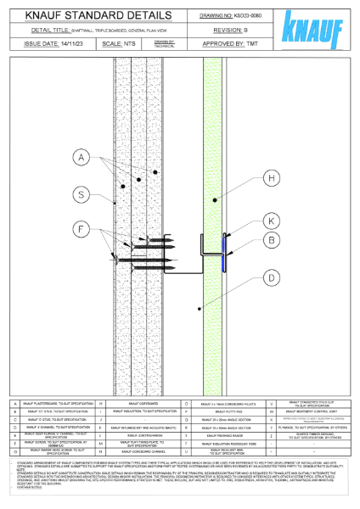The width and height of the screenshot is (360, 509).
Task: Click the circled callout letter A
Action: [x=81, y=158]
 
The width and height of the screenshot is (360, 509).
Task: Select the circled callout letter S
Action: [x=81, y=195]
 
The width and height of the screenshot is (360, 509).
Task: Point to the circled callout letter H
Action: [x=271, y=178]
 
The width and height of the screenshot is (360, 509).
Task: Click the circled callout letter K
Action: [x=271, y=221]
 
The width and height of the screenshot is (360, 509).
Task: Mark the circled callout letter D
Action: [x=271, y=277]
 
